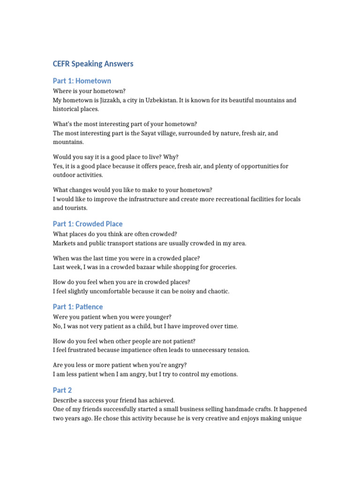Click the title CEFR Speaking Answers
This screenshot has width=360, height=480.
tap(93, 64)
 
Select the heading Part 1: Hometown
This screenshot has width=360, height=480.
tap(82, 81)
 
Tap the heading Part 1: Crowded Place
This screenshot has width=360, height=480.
tap(88, 224)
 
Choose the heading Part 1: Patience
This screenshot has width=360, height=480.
tap(78, 307)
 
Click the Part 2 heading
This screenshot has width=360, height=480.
tap(62, 390)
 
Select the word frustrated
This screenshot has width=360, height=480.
tap(82, 350)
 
